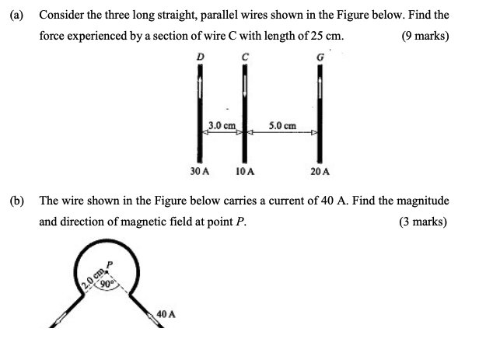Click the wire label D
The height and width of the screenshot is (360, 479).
(x=201, y=55)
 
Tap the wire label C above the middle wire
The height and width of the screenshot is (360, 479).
(x=245, y=55)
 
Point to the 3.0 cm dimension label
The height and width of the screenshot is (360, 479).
(x=222, y=124)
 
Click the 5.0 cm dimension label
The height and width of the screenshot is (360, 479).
(x=282, y=124)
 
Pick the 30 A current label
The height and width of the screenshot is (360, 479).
(x=200, y=170)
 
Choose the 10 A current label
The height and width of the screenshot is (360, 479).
(x=246, y=170)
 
